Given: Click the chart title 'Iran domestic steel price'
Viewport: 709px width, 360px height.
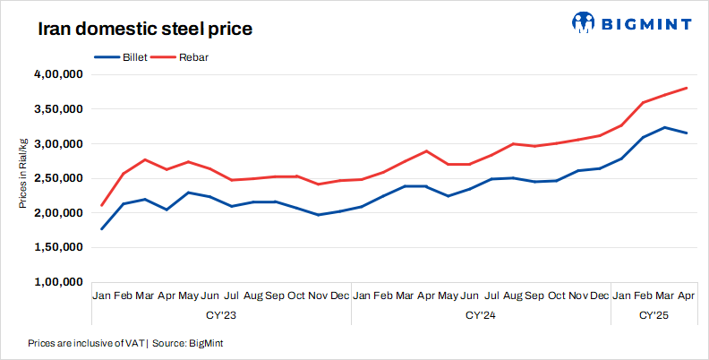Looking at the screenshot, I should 144,29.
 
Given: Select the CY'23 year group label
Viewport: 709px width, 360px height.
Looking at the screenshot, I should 221,315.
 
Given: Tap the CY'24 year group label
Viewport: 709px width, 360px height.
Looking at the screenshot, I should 481,315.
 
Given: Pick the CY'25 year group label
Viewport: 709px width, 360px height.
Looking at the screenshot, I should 653,315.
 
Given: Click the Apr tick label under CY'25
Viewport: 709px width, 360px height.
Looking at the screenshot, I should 686,296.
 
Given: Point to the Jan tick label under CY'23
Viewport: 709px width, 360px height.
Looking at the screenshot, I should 102,296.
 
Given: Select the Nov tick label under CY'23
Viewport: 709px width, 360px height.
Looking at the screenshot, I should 318,296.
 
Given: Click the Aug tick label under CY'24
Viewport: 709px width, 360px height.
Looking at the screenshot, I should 513,296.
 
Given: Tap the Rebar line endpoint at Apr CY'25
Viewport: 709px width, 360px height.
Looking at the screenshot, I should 686,88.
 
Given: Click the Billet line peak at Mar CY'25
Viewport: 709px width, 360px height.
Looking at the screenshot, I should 664,127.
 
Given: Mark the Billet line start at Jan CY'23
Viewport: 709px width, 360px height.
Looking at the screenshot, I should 102,229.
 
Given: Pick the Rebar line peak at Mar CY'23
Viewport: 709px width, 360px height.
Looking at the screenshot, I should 145,159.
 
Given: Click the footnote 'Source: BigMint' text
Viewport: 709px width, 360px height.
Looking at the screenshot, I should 189,343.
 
